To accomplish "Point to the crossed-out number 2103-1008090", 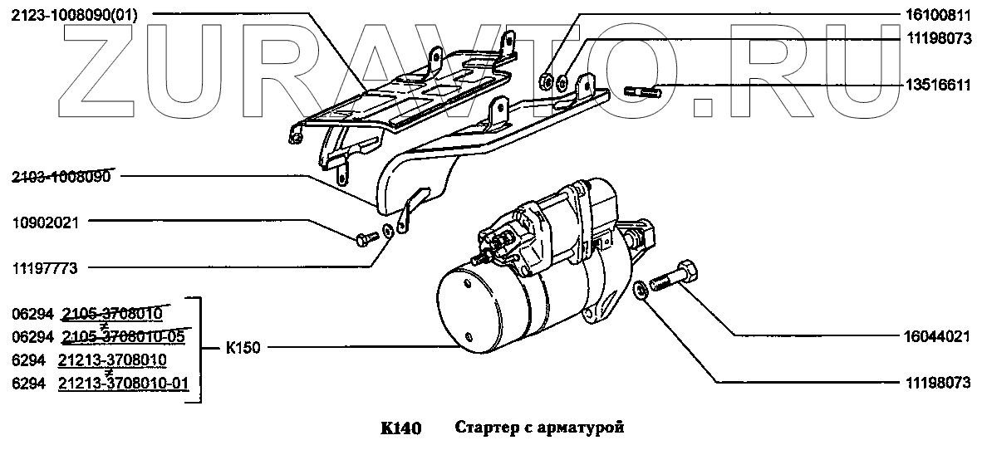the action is (x=63, y=176).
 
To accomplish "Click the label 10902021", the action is (x=47, y=222).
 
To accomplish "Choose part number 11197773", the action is (x=47, y=267).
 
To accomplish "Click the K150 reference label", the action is (x=243, y=349).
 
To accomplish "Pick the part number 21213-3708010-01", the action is (x=124, y=383).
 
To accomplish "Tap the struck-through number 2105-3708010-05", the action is (x=124, y=337).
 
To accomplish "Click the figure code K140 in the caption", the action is (x=401, y=428).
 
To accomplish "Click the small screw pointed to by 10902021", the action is (x=364, y=241).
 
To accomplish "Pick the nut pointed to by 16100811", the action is (x=546, y=81).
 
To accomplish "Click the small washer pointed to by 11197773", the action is (x=387, y=229).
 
